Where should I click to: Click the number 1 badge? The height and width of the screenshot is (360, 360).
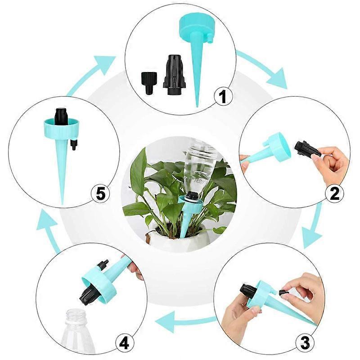coord(223,96)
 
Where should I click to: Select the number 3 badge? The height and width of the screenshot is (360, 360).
coord(305,343)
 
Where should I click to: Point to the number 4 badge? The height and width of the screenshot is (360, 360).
coord(124,343)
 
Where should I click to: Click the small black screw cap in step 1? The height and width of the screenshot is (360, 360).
coord(148,82)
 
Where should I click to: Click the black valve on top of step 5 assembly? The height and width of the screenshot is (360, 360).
coord(61,116)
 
